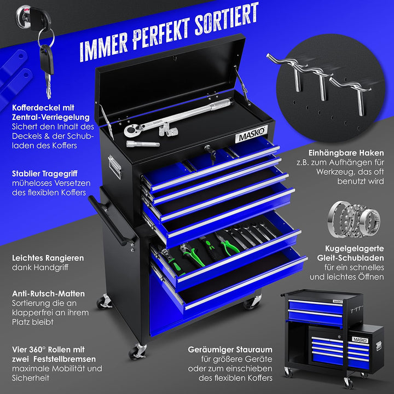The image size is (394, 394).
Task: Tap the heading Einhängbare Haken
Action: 346,153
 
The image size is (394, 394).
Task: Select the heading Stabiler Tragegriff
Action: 45,173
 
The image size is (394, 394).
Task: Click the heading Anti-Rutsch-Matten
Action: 48,293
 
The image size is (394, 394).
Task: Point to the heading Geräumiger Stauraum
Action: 230,350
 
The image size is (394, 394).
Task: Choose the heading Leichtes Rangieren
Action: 48,258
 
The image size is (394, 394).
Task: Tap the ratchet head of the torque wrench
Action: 131,131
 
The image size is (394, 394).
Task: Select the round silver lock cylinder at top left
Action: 24,16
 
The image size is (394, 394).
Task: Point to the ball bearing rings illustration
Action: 354,219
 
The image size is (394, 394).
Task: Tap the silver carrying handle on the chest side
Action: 115,166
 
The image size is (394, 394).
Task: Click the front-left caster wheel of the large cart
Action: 137,351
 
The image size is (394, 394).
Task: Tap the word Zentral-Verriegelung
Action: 51,117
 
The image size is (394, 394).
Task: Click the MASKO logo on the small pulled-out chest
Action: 360,340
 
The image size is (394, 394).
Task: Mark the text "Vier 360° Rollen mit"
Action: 48,350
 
